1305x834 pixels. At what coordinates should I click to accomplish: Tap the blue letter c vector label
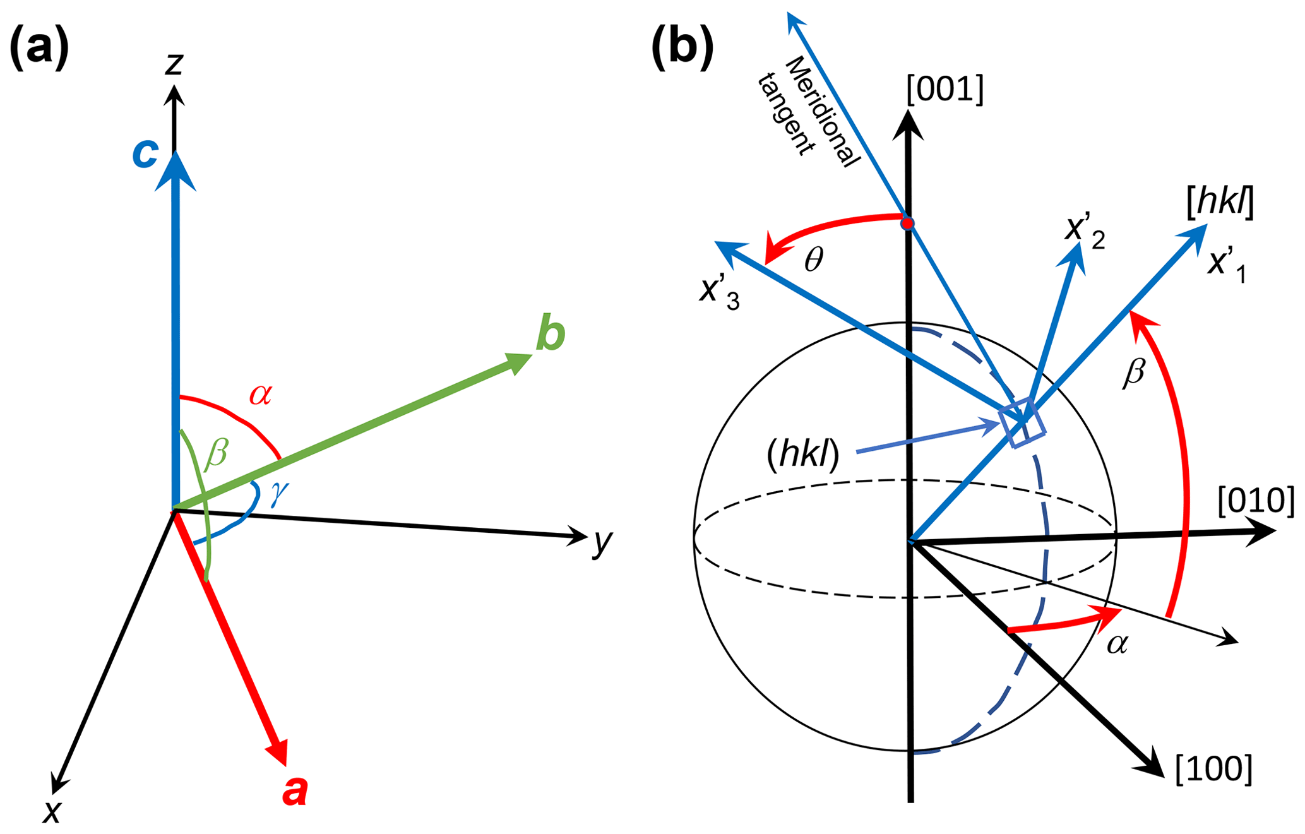click(145, 153)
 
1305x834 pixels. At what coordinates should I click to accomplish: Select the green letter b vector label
click(550, 334)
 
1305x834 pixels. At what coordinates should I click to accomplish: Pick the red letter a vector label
click(294, 790)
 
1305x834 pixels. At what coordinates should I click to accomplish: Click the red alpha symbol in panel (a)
click(260, 395)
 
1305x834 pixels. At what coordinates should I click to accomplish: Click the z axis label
click(174, 63)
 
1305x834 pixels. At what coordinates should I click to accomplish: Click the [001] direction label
click(944, 90)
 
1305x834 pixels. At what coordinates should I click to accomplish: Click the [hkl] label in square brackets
click(1220, 203)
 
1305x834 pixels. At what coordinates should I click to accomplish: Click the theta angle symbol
click(814, 259)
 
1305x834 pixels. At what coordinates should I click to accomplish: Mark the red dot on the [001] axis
click(907, 223)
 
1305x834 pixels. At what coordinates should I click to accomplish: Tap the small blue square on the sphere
click(1022, 424)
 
